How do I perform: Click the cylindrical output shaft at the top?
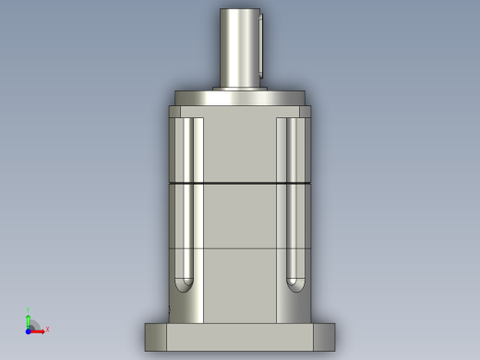point(238,46)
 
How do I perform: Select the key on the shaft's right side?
point(261,44)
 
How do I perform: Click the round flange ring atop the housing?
point(240,98)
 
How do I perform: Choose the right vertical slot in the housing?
point(294,198)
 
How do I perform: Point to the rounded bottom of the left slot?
point(184,284)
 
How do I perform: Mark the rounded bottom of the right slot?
point(294,284)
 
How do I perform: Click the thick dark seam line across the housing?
point(240,184)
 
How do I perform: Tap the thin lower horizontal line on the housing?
point(240,248)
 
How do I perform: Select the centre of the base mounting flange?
point(240,337)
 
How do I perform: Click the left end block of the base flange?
point(156,337)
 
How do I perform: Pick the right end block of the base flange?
point(324,337)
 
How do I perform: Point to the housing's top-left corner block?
point(174,112)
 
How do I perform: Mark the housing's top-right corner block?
point(305,112)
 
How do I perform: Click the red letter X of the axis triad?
point(47,330)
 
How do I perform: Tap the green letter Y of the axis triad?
point(28,311)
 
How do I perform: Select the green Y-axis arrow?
point(28,321)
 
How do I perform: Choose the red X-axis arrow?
point(38,330)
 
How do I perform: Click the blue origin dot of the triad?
point(28,330)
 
